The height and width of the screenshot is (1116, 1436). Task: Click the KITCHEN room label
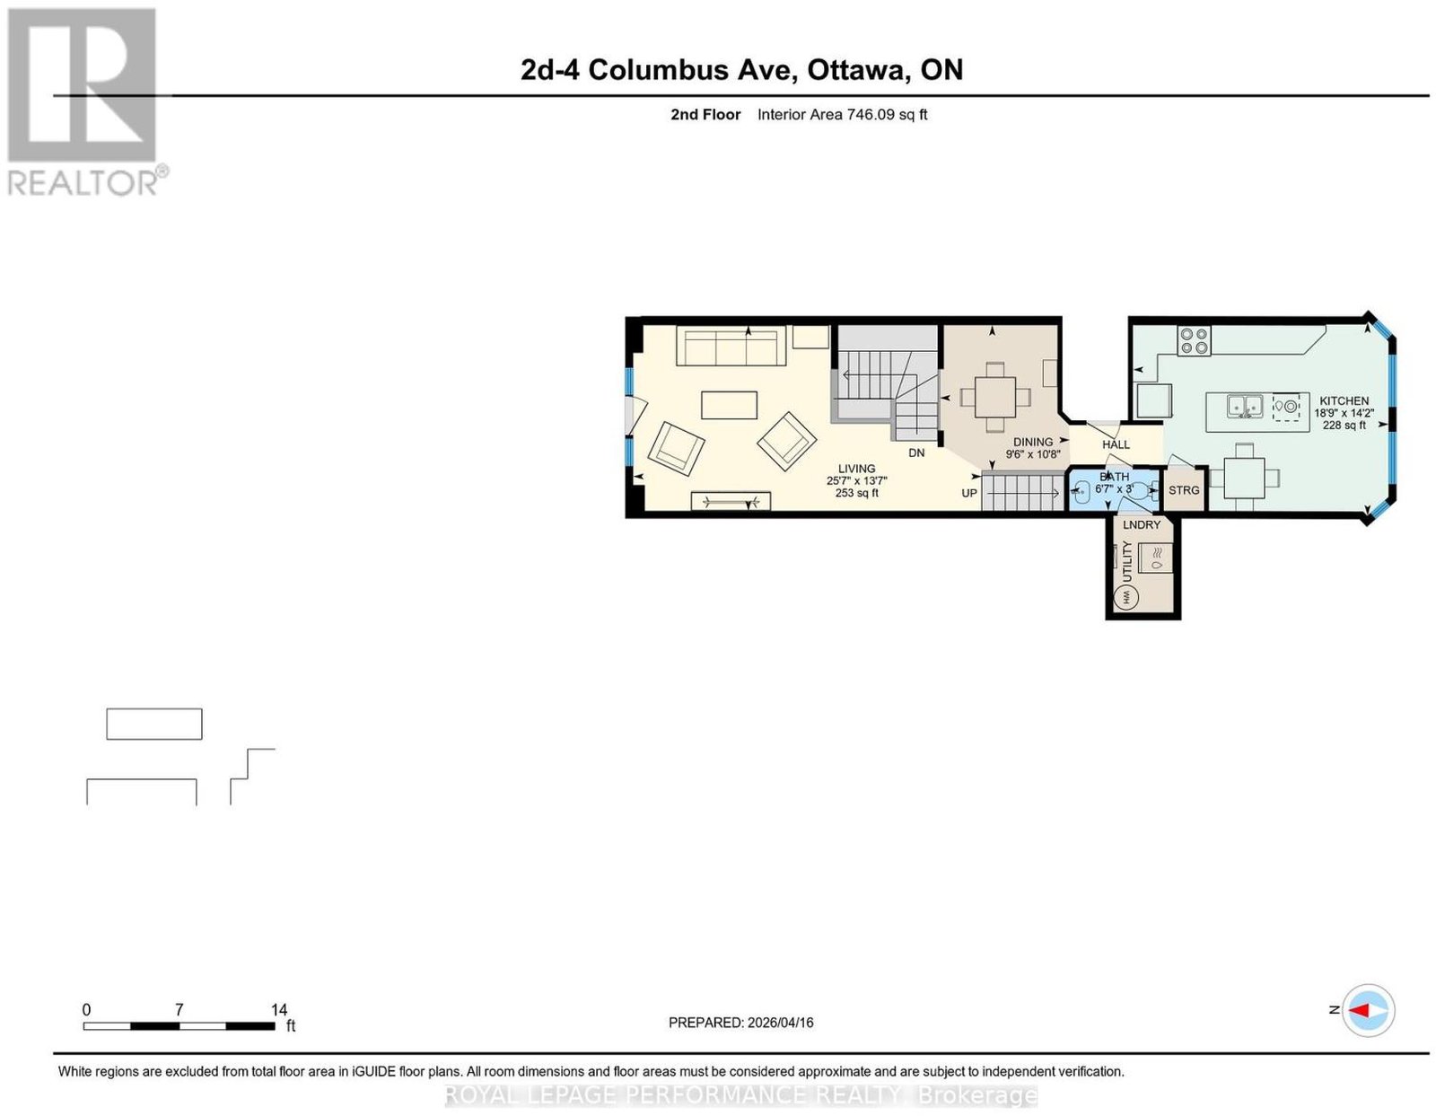tap(1344, 400)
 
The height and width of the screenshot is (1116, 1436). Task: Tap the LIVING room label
tap(856, 469)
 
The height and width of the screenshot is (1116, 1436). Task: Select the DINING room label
tap(1033, 442)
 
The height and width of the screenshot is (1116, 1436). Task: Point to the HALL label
tap(1116, 444)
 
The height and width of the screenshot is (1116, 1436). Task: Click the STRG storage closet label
tap(1184, 490)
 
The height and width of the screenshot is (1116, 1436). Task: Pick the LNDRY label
tap(1142, 524)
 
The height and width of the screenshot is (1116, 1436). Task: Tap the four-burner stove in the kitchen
tap(1194, 341)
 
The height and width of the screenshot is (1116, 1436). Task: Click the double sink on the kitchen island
tap(1246, 406)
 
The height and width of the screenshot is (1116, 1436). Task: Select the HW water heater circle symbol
tap(1126, 597)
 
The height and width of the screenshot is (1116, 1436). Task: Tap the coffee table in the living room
tap(729, 405)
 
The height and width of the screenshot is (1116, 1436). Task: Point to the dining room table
tap(995, 397)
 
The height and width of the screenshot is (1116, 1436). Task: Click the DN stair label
tap(916, 453)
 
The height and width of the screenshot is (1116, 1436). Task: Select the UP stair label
tap(968, 493)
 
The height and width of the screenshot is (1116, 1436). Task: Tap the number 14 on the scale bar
tap(279, 1010)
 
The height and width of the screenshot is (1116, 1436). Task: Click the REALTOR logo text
tap(84, 182)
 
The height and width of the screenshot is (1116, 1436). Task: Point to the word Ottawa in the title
tap(856, 70)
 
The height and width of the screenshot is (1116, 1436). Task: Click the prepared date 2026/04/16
tap(780, 1022)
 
